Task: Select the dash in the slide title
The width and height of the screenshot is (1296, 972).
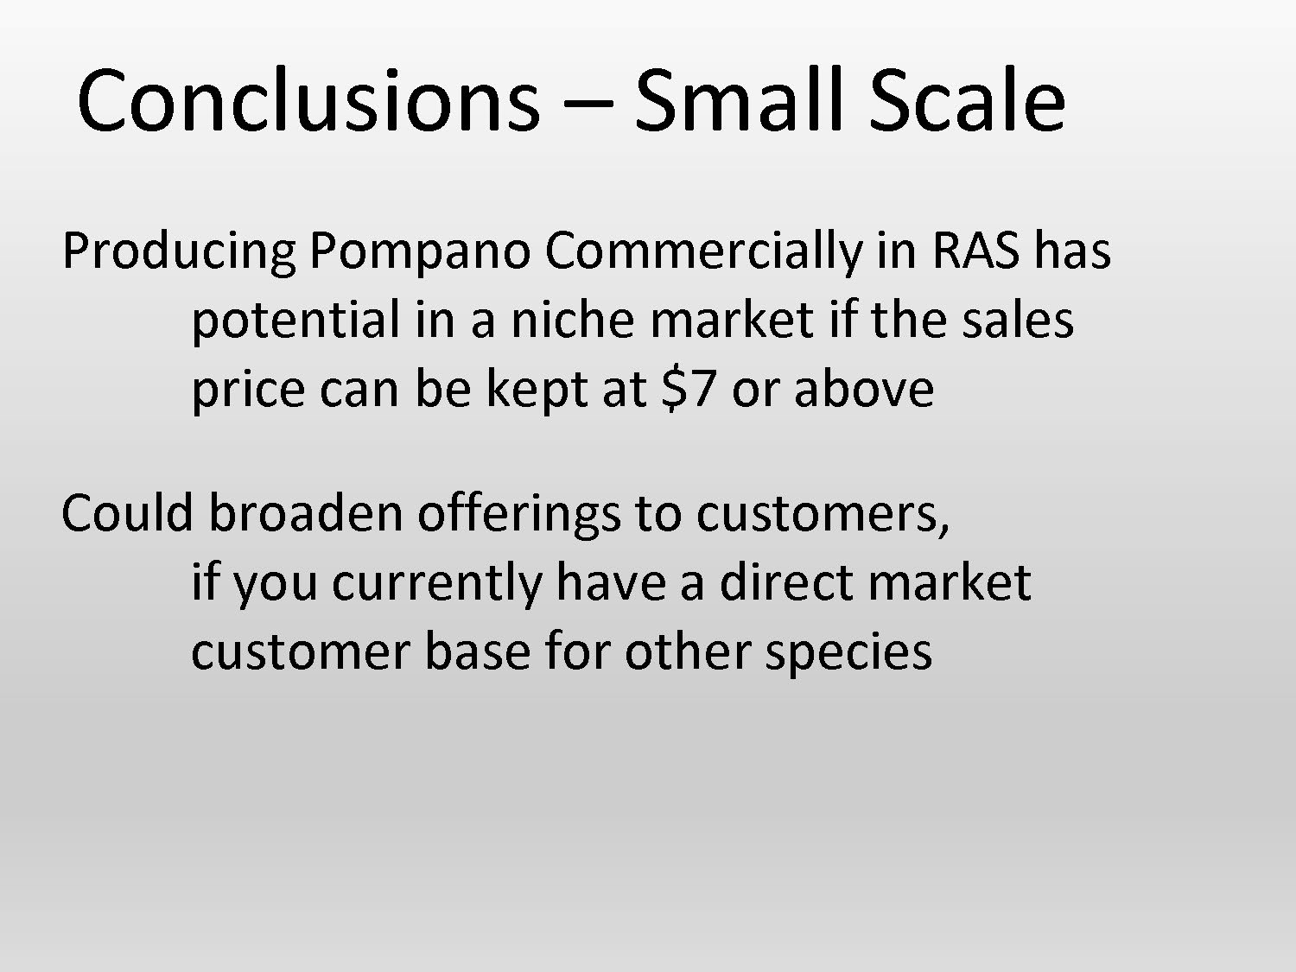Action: click(588, 105)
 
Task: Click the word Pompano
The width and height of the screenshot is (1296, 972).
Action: click(419, 251)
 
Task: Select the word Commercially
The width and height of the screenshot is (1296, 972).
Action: click(702, 251)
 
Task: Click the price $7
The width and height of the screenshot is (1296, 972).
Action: click(688, 389)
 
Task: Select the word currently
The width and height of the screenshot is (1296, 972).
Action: click(436, 583)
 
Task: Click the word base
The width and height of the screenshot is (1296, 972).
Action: click(477, 651)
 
